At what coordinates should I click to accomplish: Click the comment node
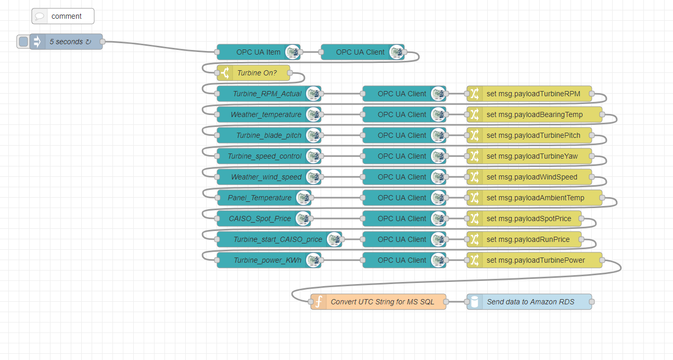pyautogui.click(x=63, y=16)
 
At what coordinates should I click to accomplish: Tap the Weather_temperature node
pyautogui.click(x=265, y=114)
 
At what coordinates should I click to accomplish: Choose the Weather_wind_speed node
pyautogui.click(x=266, y=177)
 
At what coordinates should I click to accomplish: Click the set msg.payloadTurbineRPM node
pyautogui.click(x=533, y=94)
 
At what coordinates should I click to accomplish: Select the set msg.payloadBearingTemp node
pyautogui.click(x=535, y=114)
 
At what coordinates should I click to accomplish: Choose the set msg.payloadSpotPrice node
pyautogui.click(x=529, y=218)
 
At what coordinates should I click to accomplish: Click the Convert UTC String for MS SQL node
pyautogui.click(x=382, y=302)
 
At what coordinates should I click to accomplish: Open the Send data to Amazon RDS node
pyautogui.click(x=530, y=302)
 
